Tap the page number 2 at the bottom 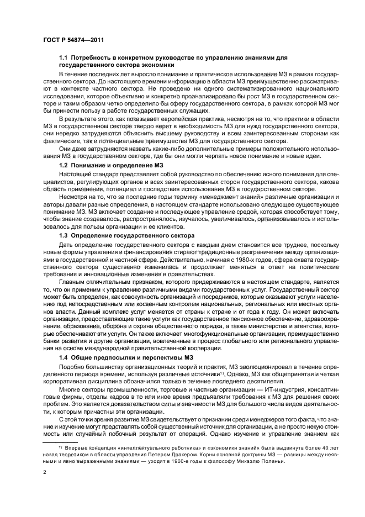click(x=45, y=473)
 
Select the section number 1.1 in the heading click(x=64, y=58)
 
